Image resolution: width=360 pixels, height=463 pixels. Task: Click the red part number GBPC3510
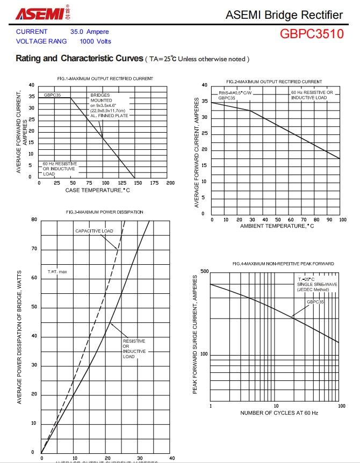311,34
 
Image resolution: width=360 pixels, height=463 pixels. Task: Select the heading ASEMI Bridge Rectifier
284,15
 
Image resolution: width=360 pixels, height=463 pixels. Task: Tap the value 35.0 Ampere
89,32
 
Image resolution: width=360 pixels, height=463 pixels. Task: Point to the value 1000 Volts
95,41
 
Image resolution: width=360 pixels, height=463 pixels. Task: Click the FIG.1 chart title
105,79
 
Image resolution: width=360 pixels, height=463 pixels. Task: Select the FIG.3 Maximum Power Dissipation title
105,212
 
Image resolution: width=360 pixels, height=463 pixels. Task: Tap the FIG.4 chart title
283,264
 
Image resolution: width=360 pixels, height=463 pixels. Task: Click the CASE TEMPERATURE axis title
98,190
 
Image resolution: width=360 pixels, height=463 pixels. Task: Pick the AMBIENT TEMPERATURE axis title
277,226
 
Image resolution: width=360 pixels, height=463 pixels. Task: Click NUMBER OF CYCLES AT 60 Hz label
279,413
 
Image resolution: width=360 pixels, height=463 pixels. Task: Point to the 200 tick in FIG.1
170,183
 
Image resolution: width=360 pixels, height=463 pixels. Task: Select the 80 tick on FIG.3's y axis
34,219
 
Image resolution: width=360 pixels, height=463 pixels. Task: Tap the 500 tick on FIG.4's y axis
204,271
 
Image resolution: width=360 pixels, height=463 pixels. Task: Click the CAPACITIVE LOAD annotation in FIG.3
94,231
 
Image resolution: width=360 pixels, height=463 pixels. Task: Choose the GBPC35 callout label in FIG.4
315,302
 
